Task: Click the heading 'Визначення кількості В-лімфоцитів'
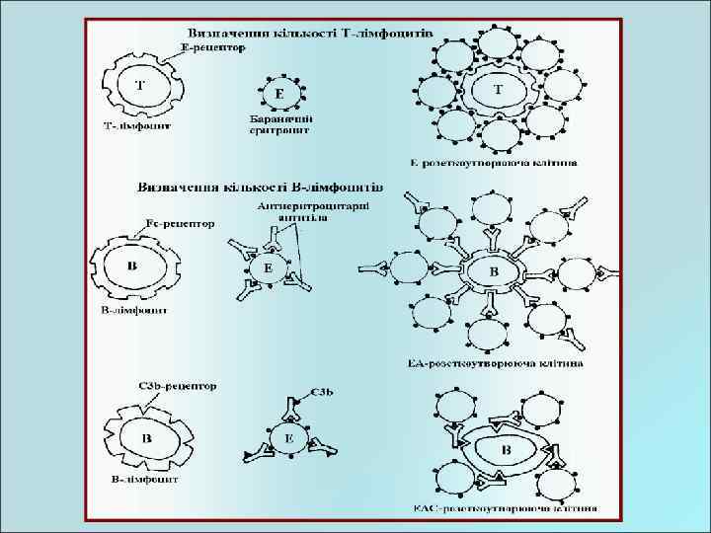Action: point(261,185)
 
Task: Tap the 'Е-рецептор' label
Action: point(213,46)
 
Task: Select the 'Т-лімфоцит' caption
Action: point(137,126)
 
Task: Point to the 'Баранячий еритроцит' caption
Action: point(280,123)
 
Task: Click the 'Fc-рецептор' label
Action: point(179,225)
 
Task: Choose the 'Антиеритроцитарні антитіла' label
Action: point(313,212)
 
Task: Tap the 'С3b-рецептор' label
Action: point(175,385)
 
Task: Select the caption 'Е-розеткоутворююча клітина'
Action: point(493,161)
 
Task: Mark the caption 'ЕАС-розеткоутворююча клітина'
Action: point(504,510)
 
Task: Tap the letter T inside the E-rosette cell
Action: point(498,88)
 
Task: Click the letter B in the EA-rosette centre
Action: point(494,270)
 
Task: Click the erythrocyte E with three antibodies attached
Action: point(265,267)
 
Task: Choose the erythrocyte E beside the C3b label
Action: point(289,439)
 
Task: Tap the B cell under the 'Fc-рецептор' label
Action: point(133,266)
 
